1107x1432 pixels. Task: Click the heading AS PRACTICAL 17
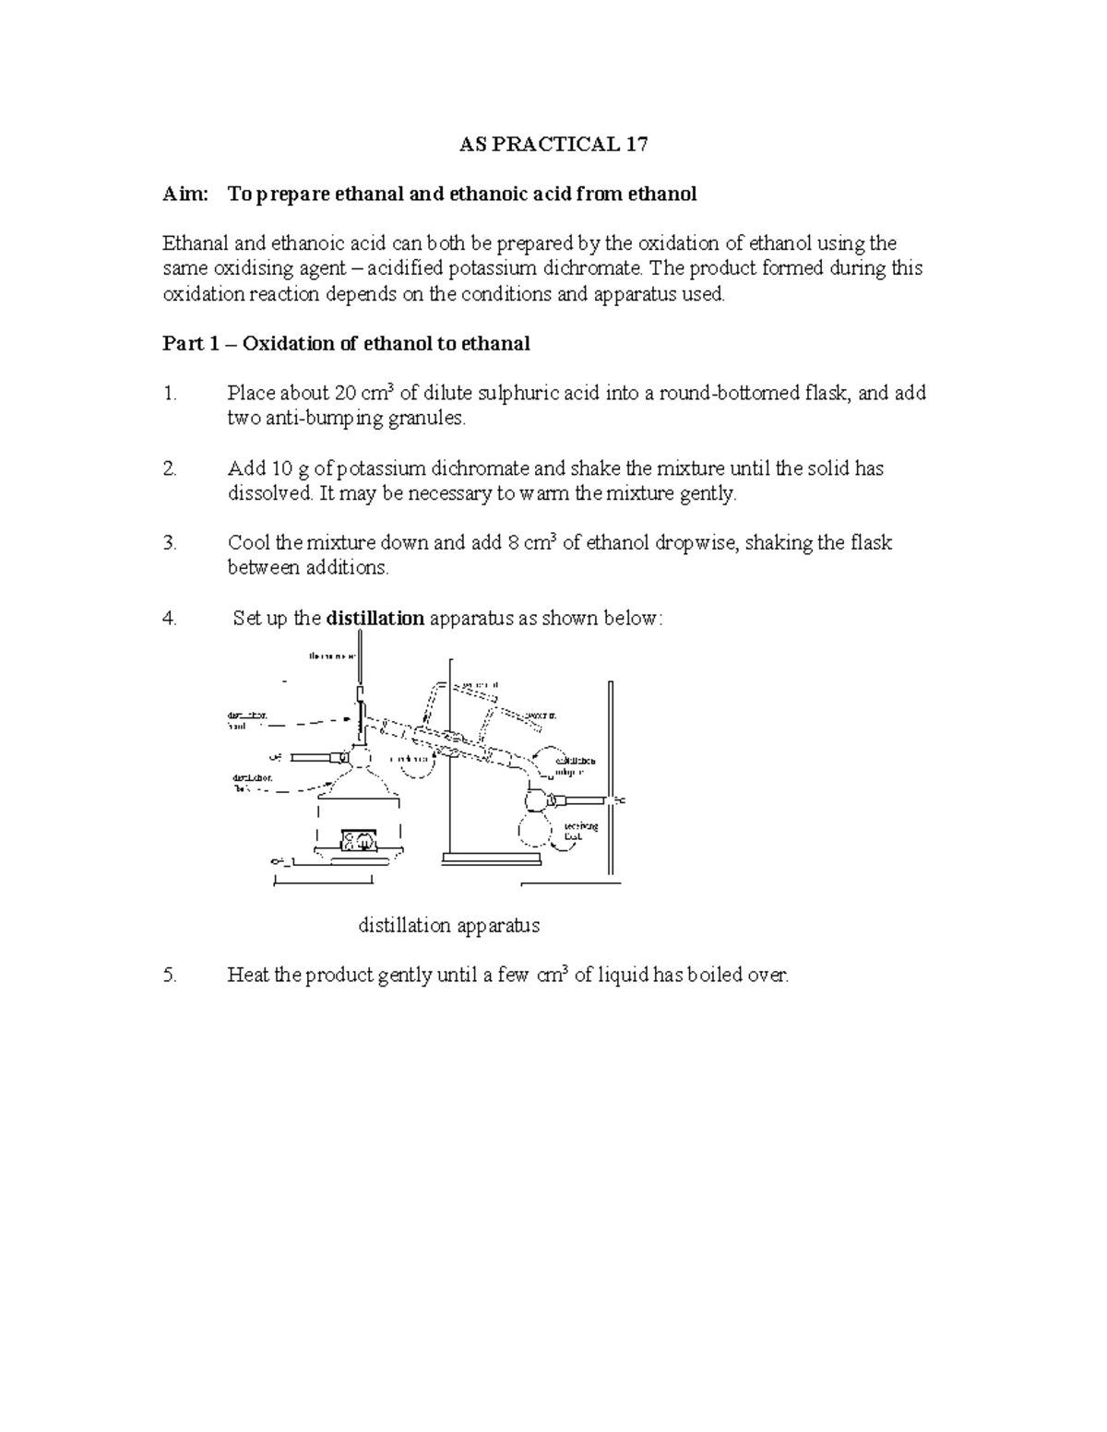point(553,145)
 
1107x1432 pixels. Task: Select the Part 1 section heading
point(346,344)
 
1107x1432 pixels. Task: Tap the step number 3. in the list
point(169,543)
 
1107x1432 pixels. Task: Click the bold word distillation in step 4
point(375,619)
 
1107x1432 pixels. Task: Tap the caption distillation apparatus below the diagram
point(448,926)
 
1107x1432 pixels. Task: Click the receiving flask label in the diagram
point(581,831)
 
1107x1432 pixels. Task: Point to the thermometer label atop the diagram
point(332,657)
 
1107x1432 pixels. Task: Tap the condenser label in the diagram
point(412,759)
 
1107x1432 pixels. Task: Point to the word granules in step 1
point(428,419)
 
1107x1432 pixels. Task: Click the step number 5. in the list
point(169,976)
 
